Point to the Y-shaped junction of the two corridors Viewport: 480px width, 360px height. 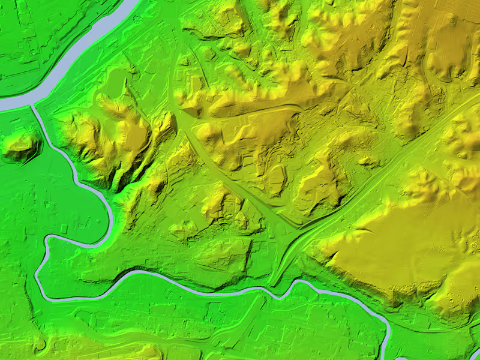pyautogui.click(x=288, y=231)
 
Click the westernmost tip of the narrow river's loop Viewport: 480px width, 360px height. pyautogui.click(x=37, y=273)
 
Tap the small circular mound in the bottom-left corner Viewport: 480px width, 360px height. pyautogui.click(x=41, y=344)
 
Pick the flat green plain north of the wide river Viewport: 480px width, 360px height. pyautogui.click(x=36, y=36)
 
